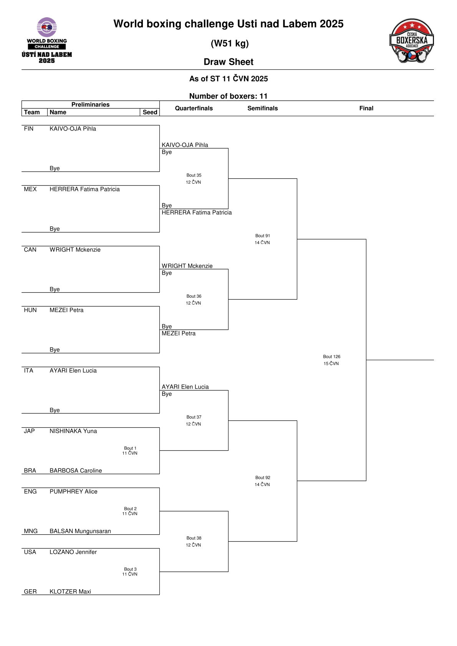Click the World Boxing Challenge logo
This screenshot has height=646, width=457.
47,40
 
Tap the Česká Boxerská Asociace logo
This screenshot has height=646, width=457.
411,41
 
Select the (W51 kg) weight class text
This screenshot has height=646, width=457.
230,43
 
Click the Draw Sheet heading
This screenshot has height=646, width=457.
228,62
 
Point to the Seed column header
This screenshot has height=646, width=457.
150,112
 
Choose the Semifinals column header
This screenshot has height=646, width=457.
262,108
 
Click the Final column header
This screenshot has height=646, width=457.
366,108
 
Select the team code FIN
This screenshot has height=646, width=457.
28,129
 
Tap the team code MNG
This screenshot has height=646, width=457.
31,531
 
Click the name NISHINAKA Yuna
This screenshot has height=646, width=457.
73,431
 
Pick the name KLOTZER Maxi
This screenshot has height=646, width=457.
70,592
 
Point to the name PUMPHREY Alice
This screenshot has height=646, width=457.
73,491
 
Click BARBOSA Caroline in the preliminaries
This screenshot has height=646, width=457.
76,470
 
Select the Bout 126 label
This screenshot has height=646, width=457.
331,356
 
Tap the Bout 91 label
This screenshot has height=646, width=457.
262,236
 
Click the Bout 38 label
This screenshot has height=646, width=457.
194,538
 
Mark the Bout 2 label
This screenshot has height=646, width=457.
130,508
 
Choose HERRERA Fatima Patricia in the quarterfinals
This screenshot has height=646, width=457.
197,213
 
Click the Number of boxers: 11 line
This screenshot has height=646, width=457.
228,96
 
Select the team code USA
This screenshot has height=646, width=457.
30,552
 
